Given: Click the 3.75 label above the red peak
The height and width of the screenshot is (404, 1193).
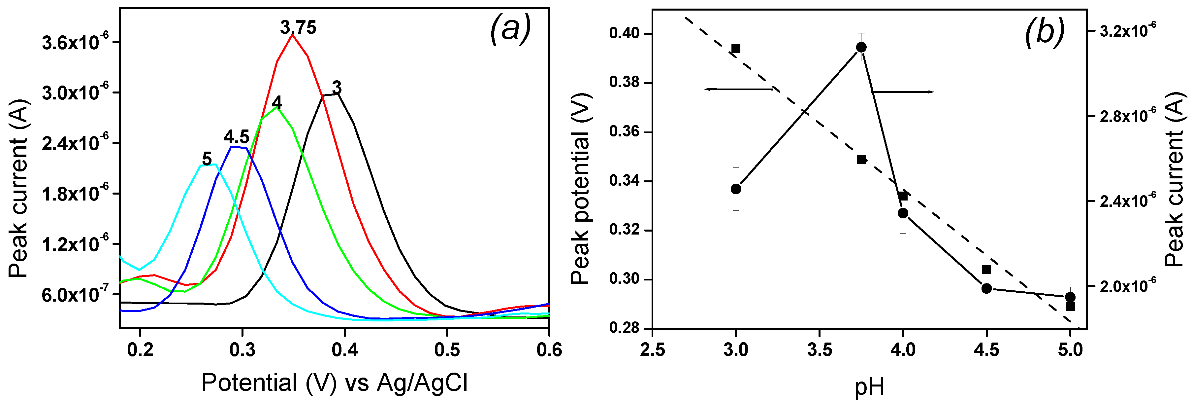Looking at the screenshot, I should click(298, 28).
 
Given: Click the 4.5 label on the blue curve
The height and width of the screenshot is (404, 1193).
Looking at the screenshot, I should click(236, 137).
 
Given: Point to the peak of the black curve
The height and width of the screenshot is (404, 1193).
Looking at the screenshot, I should click(337, 94).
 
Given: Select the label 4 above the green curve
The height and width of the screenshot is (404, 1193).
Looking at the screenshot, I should click(276, 102).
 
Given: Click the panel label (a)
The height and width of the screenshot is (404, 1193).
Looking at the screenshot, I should click(510, 29).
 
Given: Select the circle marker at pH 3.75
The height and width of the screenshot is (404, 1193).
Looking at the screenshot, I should click(861, 47).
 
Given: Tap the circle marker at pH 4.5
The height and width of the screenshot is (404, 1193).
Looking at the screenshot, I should click(986, 288).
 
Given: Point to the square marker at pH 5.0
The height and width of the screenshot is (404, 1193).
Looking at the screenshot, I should click(1070, 307).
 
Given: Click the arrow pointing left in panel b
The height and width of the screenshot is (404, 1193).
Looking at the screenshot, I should click(739, 89).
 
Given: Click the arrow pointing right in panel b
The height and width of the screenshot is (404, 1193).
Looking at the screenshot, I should click(903, 92).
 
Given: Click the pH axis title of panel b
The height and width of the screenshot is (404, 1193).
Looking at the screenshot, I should click(869, 387).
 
